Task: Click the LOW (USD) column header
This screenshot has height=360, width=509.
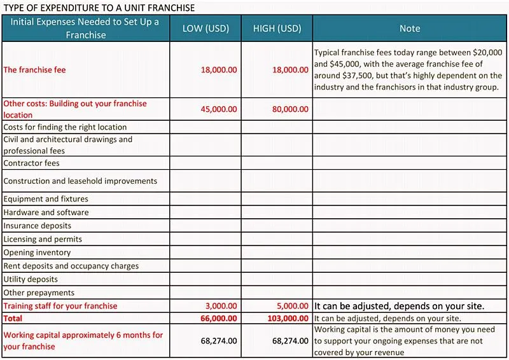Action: point(206,29)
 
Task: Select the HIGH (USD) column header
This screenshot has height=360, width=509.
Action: point(277,29)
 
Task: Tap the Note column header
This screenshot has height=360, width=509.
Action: point(410,29)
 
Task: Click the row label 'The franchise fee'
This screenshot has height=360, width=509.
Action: point(34,70)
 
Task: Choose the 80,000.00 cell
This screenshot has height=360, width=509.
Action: point(290,109)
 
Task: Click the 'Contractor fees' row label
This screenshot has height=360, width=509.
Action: point(31,163)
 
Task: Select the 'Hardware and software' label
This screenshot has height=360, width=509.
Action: point(46,212)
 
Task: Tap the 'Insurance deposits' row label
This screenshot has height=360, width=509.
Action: point(37,226)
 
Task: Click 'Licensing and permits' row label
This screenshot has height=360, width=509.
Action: point(43,239)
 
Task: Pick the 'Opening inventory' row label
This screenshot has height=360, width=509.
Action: point(37,253)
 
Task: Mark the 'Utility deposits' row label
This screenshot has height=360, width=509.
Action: point(31,279)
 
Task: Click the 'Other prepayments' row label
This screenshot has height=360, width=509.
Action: point(39,293)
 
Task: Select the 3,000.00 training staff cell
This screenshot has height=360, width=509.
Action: point(221,306)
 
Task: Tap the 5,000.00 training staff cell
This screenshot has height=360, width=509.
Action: point(293,306)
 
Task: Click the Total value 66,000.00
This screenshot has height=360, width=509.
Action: point(218,318)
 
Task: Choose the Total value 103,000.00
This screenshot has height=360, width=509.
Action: point(288,318)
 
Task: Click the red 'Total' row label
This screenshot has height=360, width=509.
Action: point(13,318)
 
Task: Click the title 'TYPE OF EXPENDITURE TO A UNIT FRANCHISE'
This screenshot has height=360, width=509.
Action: point(99,8)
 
